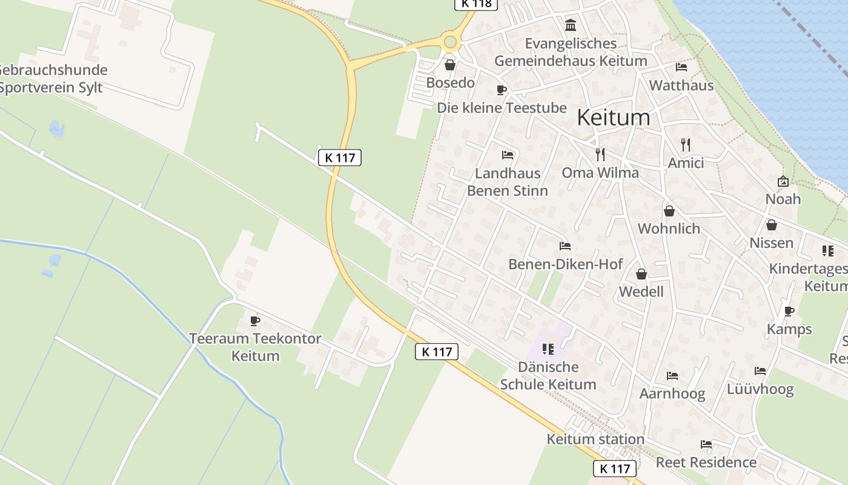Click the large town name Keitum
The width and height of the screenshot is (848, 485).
pyautogui.click(x=613, y=117)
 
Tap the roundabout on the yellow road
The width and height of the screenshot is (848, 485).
pyautogui.click(x=450, y=42)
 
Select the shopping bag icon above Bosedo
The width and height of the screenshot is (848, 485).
pyautogui.click(x=450, y=65)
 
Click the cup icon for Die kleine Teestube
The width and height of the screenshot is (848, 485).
pyautogui.click(x=502, y=90)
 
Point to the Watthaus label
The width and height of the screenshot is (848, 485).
pyautogui.click(x=681, y=85)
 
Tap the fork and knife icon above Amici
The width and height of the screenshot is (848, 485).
pyautogui.click(x=686, y=144)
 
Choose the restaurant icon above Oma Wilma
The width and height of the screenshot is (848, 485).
pyautogui.click(x=600, y=154)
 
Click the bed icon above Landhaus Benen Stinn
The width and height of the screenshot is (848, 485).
pyautogui.click(x=508, y=155)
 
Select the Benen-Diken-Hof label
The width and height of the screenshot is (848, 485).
pyautogui.click(x=565, y=264)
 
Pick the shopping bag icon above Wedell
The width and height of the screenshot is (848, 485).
pyautogui.click(x=641, y=274)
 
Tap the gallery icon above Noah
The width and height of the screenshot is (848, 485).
pyautogui.click(x=783, y=181)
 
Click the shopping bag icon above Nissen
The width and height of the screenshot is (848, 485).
pyautogui.click(x=772, y=225)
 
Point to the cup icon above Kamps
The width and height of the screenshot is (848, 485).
pyautogui.click(x=789, y=312)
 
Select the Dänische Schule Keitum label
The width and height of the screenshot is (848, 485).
pyautogui.click(x=548, y=376)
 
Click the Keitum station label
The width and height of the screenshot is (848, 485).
pyautogui.click(x=595, y=439)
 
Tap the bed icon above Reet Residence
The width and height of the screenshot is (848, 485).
pyautogui.click(x=706, y=444)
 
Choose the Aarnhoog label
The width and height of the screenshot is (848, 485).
pyautogui.click(x=672, y=393)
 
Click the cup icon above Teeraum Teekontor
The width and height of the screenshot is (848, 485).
pyautogui.click(x=255, y=321)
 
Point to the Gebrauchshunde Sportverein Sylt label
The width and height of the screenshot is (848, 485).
pyautogui.click(x=52, y=79)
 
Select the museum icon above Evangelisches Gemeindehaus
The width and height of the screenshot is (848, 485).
pyautogui.click(x=571, y=25)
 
